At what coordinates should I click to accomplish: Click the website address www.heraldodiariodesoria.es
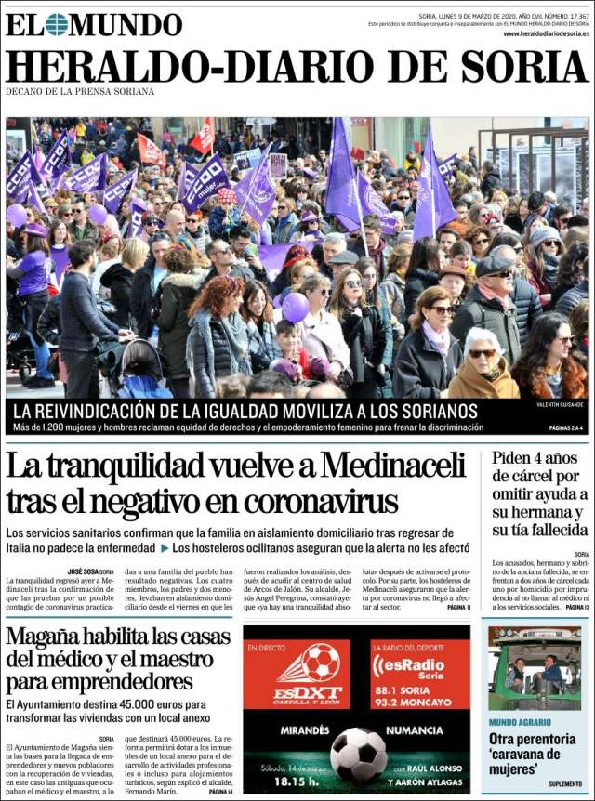pyautogui.click(x=546, y=33)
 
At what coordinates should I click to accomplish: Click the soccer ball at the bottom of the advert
pyautogui.click(x=359, y=754)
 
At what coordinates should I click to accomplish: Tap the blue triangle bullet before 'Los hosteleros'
pyautogui.click(x=164, y=548)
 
